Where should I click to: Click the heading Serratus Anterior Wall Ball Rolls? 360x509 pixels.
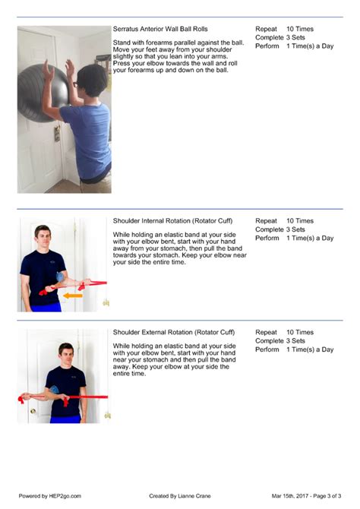tap(159, 29)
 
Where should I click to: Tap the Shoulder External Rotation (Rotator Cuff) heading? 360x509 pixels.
tap(174, 333)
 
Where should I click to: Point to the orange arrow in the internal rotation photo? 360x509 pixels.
tap(73, 295)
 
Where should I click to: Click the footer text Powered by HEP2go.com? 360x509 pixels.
tap(49, 495)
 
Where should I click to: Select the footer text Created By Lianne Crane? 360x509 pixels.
tap(180, 495)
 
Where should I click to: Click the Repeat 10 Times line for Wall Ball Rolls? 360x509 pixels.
tap(284, 29)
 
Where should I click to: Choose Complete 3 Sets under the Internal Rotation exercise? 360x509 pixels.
tap(280, 229)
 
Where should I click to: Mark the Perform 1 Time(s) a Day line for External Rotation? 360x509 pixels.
tap(294, 349)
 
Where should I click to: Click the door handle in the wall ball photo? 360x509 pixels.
tap(56, 132)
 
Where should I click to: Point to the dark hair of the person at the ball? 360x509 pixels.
tap(90, 77)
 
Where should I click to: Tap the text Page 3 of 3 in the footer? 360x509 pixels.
tap(327, 495)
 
